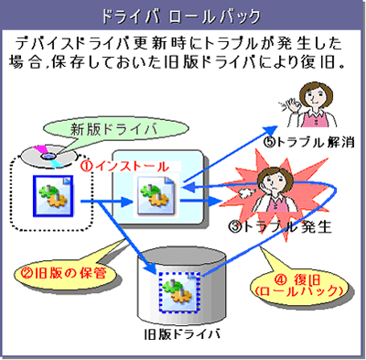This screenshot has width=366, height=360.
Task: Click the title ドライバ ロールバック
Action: tap(183, 16)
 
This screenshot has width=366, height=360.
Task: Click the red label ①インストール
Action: tap(126, 168)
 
